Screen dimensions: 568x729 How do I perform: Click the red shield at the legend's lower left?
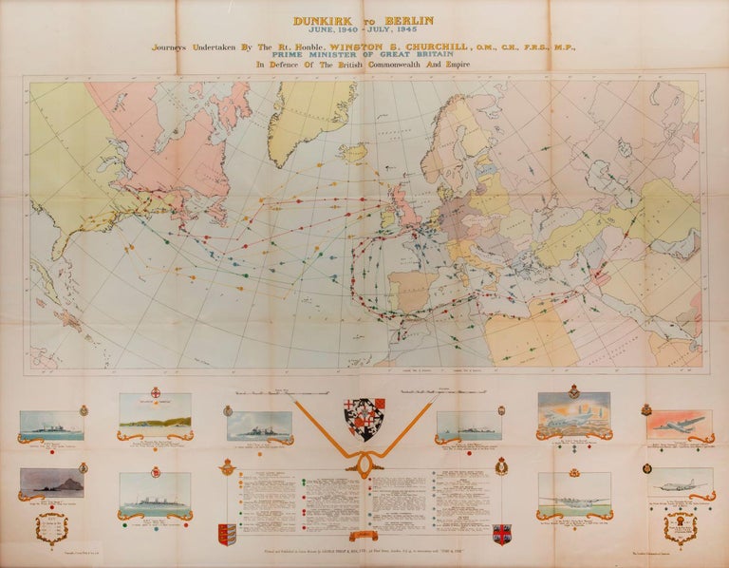coord(225,533)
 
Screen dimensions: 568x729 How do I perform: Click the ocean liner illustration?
coord(156,490)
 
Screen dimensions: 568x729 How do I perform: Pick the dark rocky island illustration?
coord(52,483)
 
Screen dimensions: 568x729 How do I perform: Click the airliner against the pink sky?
coord(681,424)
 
